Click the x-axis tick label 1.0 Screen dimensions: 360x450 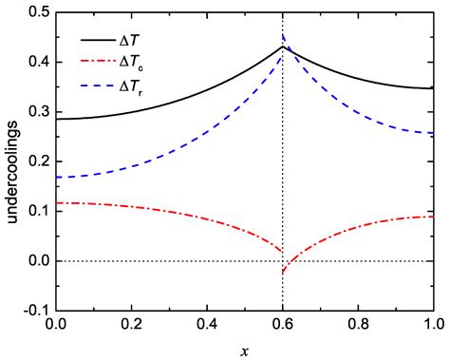click(434, 324)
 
